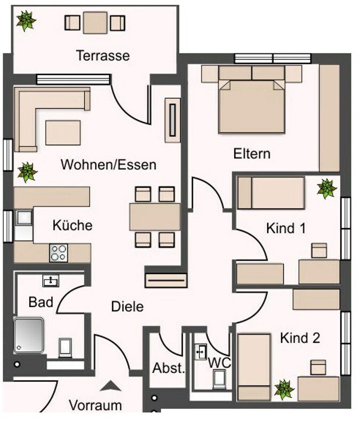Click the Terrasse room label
pos(102,55)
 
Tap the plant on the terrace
pos(26,21)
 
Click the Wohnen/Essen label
pos(108,164)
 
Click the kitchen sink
pos(23,217)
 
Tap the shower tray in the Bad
pos(29,334)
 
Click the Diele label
pos(127,307)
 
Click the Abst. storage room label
pos(168,368)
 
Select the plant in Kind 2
pos(284,389)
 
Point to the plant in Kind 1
pos(326,188)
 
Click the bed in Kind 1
pos(271,193)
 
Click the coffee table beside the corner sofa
pos(63,132)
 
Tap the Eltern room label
pos(252,154)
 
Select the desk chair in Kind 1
pos(319,250)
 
